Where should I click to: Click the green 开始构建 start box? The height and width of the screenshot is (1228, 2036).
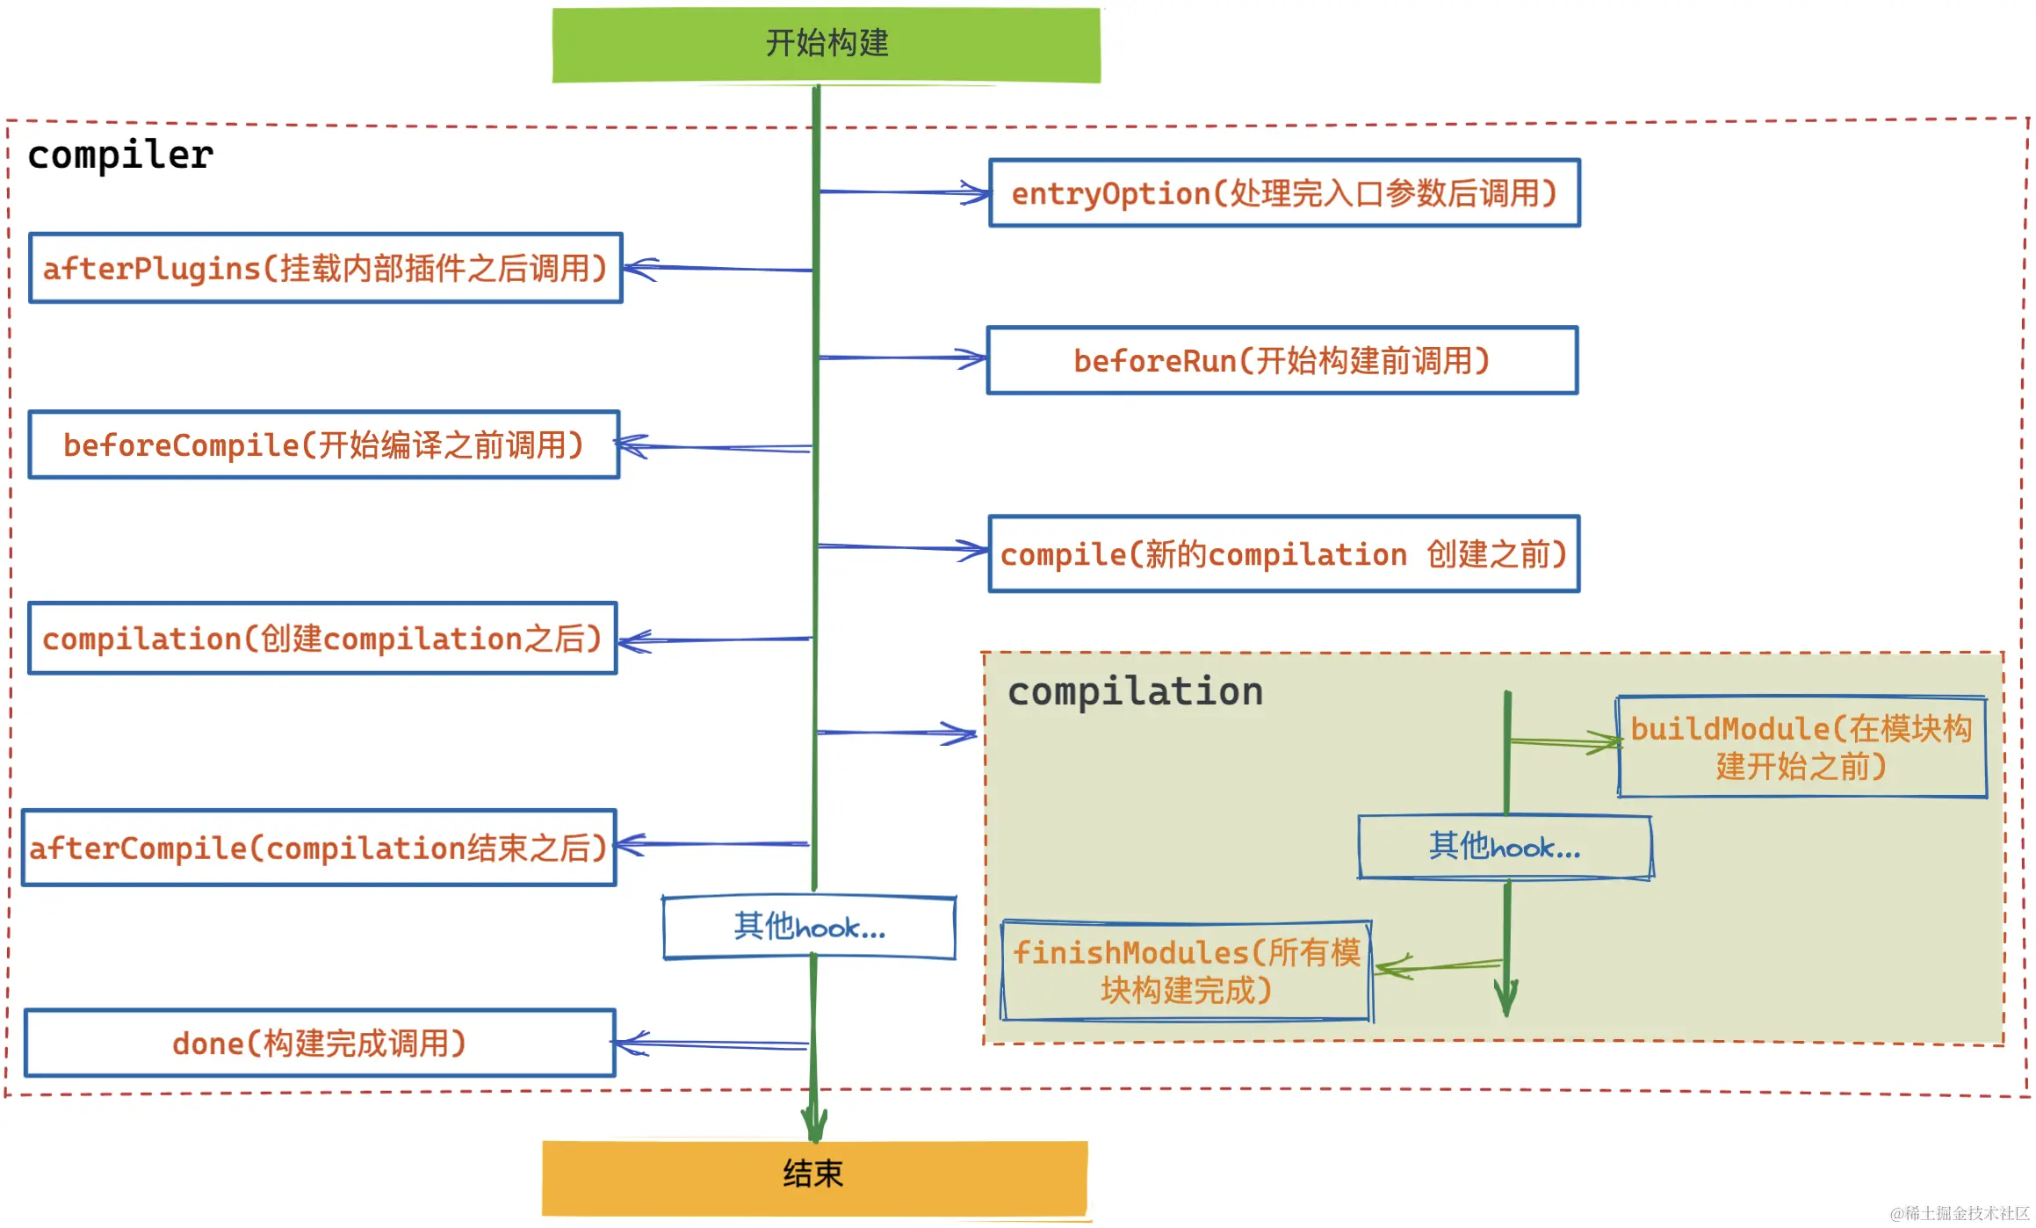pyautogui.click(x=826, y=45)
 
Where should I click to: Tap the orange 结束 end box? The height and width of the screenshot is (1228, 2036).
pyautogui.click(x=814, y=1176)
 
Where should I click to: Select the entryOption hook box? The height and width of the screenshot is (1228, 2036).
pyautogui.click(x=1283, y=193)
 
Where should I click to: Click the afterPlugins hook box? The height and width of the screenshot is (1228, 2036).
pyautogui.click(x=325, y=268)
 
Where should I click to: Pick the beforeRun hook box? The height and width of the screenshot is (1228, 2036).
pyautogui.click(x=1282, y=361)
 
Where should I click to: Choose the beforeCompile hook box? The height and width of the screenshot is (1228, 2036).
pyautogui.click(x=323, y=444)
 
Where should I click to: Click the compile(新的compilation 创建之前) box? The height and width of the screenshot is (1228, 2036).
pyautogui.click(x=1283, y=554)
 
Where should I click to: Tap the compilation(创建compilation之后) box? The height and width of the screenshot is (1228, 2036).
pyautogui.click(x=322, y=639)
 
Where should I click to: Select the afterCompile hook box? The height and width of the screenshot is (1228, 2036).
pyautogui.click(x=319, y=848)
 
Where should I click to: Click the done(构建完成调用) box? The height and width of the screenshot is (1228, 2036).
pyautogui.click(x=320, y=1043)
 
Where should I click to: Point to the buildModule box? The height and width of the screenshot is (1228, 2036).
pyautogui.click(x=1801, y=748)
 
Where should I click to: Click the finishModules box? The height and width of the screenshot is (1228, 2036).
pyautogui.click(x=1187, y=971)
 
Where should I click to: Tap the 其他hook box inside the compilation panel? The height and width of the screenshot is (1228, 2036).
pyautogui.click(x=1505, y=847)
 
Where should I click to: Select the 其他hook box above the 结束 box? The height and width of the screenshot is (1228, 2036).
pyautogui.click(x=809, y=928)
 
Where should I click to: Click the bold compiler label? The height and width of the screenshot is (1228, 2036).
pyautogui.click(x=120, y=155)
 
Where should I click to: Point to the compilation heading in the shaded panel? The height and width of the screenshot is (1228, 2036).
pyautogui.click(x=1135, y=691)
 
